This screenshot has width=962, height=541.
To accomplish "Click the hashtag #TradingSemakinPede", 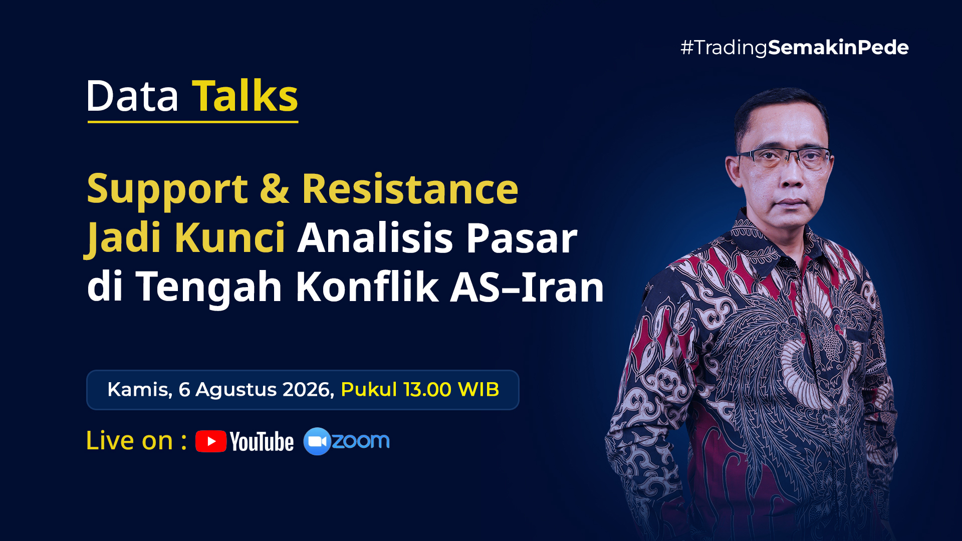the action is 795,48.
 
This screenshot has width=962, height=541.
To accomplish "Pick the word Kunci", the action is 230,237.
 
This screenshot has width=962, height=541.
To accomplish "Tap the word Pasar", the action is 522,238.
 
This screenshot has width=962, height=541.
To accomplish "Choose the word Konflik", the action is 367,287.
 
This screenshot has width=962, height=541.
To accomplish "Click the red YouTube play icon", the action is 211,441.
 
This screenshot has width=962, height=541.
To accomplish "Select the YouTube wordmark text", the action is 262,442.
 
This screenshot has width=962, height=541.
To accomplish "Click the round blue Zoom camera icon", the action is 317,441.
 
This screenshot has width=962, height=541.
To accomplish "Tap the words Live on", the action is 129,441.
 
